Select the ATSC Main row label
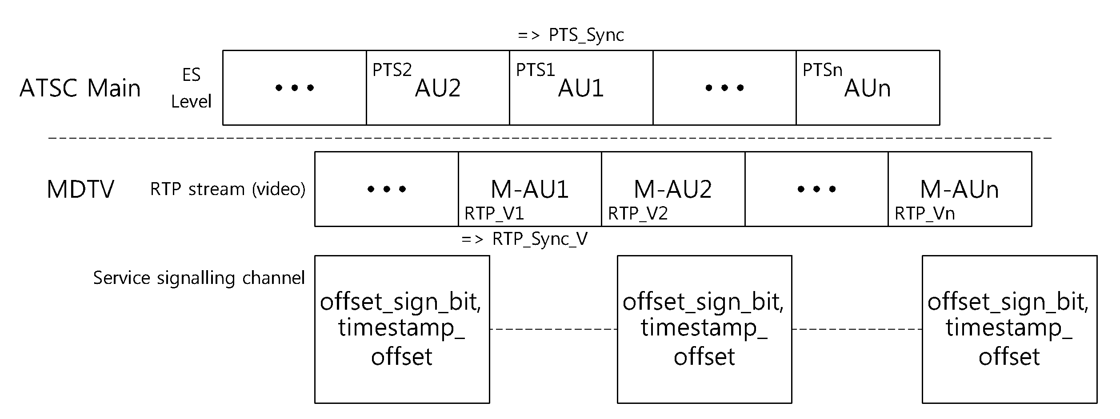80,88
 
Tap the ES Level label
191,88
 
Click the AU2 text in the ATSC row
438,88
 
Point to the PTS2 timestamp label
392,70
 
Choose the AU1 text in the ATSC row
581,88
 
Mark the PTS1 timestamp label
536,70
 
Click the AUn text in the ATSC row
868,88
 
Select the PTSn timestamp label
822,70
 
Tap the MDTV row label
80,189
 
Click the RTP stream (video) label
228,189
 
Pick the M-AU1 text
530,189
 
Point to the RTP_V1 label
494,214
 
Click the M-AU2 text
673,189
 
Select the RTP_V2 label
638,214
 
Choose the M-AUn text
960,189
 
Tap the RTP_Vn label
924,214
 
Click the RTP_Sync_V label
524,239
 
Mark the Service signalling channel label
199,278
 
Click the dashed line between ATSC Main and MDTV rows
550,138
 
